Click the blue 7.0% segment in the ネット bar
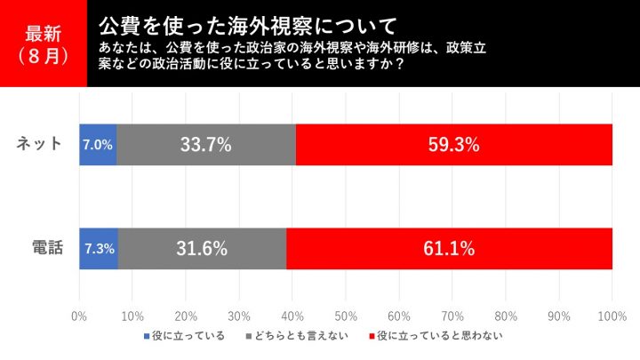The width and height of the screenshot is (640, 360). click(x=98, y=144)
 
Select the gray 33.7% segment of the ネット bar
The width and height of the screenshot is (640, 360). click(x=206, y=144)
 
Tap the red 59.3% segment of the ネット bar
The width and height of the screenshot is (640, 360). click(x=453, y=144)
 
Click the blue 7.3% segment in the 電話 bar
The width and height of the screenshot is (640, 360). click(x=99, y=248)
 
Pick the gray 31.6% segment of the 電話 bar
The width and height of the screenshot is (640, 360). click(x=202, y=248)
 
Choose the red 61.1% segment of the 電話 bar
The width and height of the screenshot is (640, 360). click(x=449, y=248)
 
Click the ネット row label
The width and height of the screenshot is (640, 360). click(x=41, y=144)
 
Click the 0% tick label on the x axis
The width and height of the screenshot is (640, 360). click(x=79, y=316)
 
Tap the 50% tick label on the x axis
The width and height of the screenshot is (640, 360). click(x=346, y=316)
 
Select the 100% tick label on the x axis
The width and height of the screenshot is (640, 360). click(x=612, y=316)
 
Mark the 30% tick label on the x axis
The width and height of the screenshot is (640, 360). click(x=239, y=316)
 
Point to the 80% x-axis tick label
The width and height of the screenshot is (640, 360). click(x=506, y=316)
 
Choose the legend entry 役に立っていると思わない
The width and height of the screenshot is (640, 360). click(x=435, y=336)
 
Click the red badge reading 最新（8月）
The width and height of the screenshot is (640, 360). click(x=43, y=44)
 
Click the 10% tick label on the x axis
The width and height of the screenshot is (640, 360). click(x=132, y=316)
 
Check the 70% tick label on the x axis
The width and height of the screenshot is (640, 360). click(x=452, y=316)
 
